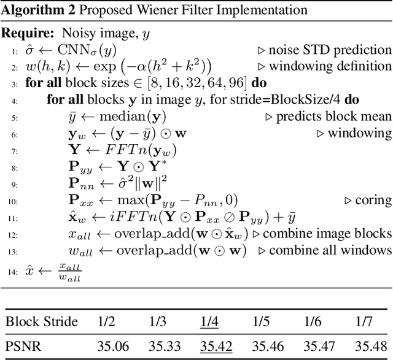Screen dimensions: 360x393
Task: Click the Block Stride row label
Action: point(41,322)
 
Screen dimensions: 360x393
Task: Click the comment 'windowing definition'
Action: point(329,66)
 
